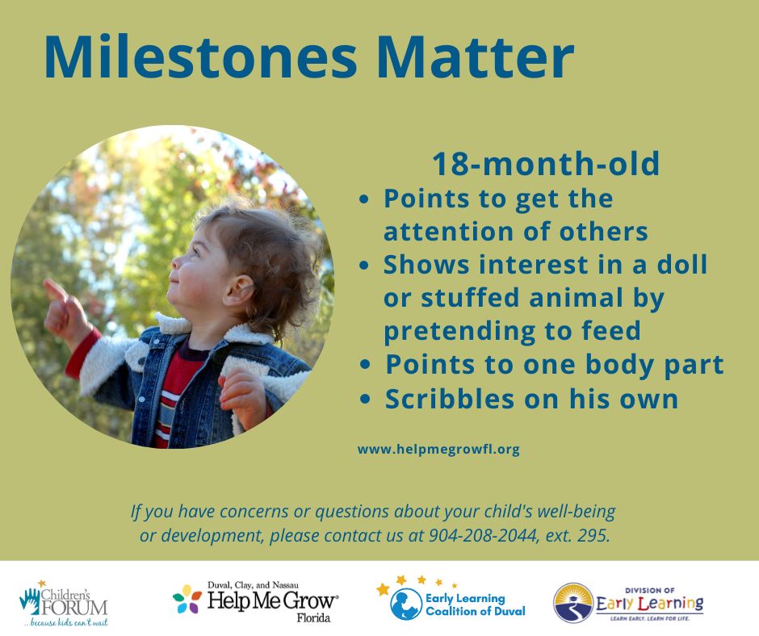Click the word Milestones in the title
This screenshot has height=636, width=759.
200,56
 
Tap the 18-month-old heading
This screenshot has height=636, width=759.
546,164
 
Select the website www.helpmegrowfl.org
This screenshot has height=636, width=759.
438,450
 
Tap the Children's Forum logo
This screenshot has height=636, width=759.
64,603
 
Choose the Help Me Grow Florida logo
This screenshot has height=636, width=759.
255,601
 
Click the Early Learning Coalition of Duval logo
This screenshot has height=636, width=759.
451,599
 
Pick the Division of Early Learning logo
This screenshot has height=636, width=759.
628,603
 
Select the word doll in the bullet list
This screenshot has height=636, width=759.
682,264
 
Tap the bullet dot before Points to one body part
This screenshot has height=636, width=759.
366,365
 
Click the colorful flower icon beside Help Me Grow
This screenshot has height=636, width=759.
187,599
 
